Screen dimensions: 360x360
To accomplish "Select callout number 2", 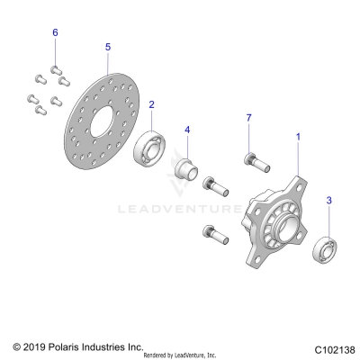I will click(150, 104).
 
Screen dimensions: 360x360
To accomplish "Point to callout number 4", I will click(187, 130).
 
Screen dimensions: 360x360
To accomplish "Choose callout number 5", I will click(107, 46).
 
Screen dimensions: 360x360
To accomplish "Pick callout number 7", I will click(249, 118).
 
